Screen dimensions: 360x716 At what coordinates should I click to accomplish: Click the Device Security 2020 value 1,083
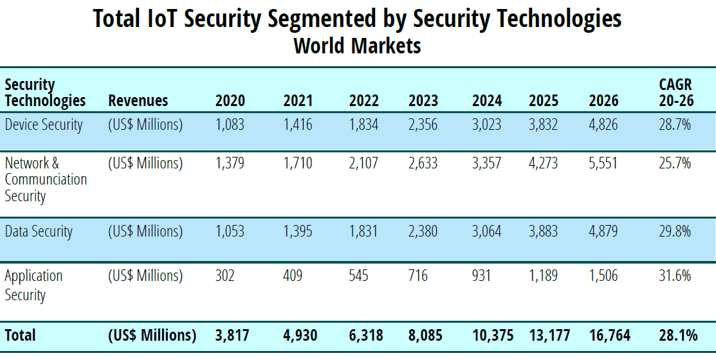tap(230, 125)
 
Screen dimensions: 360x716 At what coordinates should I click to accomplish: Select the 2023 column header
tap(423, 101)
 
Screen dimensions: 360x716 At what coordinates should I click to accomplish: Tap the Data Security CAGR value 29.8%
tap(675, 231)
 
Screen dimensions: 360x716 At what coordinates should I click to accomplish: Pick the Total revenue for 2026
tap(609, 336)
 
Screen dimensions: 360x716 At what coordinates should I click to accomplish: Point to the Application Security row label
tap(33, 285)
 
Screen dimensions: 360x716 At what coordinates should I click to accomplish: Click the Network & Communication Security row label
tap(46, 179)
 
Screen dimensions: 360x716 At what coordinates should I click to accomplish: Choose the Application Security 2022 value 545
tap(359, 276)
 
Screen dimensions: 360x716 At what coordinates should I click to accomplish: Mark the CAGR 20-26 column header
tap(676, 93)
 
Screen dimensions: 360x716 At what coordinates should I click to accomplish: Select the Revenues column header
tap(138, 101)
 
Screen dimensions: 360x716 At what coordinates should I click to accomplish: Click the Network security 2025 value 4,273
tap(544, 163)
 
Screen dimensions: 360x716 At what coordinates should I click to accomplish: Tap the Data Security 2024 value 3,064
tap(486, 231)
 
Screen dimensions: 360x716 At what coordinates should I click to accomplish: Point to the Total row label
tap(20, 336)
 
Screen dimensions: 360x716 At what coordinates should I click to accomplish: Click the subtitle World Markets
tap(357, 46)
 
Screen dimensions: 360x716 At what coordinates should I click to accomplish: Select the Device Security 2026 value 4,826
tap(603, 125)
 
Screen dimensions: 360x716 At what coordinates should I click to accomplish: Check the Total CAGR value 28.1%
tap(678, 336)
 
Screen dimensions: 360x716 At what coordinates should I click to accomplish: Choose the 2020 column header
tap(230, 101)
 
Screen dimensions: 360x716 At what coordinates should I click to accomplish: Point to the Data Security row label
tap(39, 231)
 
